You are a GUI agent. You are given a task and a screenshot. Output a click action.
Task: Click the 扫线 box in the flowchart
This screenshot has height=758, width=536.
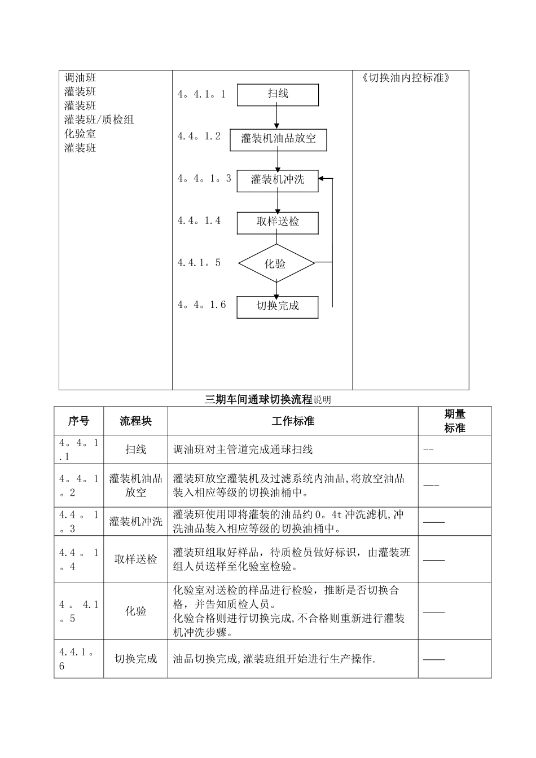tap(278, 95)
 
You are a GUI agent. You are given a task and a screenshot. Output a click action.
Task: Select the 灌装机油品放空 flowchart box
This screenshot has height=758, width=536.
tap(278, 139)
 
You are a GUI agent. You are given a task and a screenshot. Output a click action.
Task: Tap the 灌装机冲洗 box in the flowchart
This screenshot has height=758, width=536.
tap(278, 180)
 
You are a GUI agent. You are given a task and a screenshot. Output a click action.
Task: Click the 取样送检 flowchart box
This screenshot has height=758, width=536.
tap(278, 223)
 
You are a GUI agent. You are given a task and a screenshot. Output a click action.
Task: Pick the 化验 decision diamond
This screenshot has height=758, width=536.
tap(276, 263)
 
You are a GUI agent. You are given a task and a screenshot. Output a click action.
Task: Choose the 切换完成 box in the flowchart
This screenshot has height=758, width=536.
tap(278, 307)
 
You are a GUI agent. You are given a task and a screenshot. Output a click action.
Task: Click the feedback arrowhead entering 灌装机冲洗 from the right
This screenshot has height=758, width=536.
tap(322, 179)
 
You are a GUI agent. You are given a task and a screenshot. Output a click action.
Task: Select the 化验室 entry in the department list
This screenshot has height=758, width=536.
tap(80, 134)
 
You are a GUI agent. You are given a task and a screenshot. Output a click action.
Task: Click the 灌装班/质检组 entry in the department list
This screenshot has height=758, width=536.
tap(99, 120)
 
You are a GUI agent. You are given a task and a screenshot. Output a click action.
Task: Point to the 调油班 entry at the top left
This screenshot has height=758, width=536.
tap(80, 78)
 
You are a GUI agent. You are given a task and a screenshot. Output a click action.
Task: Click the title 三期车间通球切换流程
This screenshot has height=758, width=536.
tap(258, 400)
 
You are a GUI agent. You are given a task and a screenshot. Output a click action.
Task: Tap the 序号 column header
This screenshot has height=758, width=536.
tap(78, 421)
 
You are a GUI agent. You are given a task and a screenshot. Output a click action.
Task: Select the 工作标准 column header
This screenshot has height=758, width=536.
tap(293, 421)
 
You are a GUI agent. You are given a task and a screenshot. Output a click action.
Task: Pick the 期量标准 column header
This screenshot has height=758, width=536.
tap(455, 421)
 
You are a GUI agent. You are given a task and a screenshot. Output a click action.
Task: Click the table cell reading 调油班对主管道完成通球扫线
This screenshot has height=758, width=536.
tap(243, 449)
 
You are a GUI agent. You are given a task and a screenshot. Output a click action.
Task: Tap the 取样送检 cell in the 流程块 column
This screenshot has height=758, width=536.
tap(135, 559)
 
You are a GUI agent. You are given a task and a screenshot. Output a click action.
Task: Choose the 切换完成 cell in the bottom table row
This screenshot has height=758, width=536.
tap(135, 659)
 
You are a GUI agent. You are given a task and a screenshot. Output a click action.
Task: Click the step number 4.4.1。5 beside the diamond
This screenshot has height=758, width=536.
tap(199, 263)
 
